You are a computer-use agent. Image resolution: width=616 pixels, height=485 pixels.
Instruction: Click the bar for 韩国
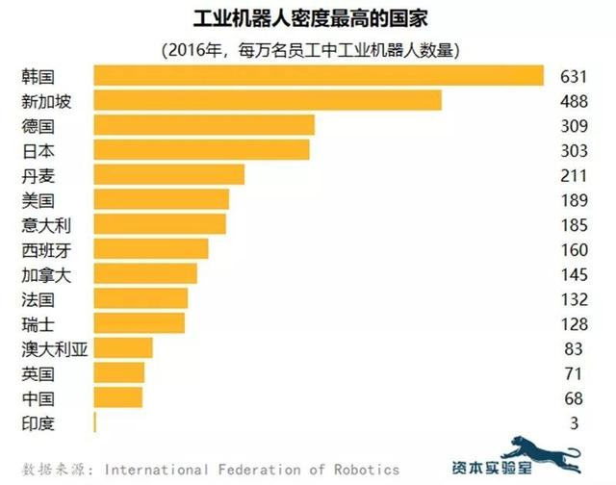pos(320,75)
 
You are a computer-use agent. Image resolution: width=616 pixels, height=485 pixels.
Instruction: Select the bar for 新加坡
pos(268,100)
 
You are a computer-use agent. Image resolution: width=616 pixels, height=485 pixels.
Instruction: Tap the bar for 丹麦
pos(169,174)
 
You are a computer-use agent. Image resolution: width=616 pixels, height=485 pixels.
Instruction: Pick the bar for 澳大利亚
pos(123,347)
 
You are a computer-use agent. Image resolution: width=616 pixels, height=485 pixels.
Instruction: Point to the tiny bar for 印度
pos(95,421)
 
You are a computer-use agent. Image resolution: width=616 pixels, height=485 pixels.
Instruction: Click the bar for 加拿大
pos(145,273)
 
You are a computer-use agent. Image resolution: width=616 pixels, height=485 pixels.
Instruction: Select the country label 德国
pos(38,125)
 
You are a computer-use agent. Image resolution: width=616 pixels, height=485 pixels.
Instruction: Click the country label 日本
pos(38,150)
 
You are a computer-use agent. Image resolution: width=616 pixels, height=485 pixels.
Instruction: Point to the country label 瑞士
pos(38,323)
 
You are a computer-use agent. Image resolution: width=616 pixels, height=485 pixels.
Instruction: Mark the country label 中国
pos(38,397)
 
